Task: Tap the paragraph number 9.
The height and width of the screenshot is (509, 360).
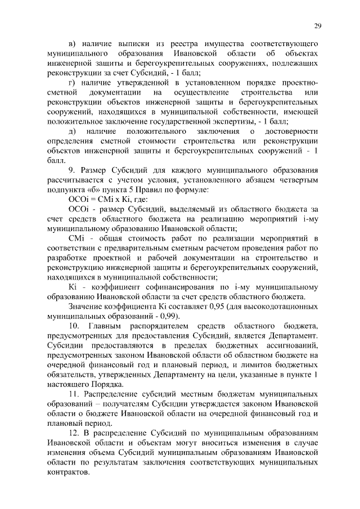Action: pos(70,170)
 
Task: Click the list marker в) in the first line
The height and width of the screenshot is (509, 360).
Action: pos(71,43)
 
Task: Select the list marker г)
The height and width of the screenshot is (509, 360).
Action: pos(71,82)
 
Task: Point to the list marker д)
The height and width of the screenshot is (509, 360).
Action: pos(71,131)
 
